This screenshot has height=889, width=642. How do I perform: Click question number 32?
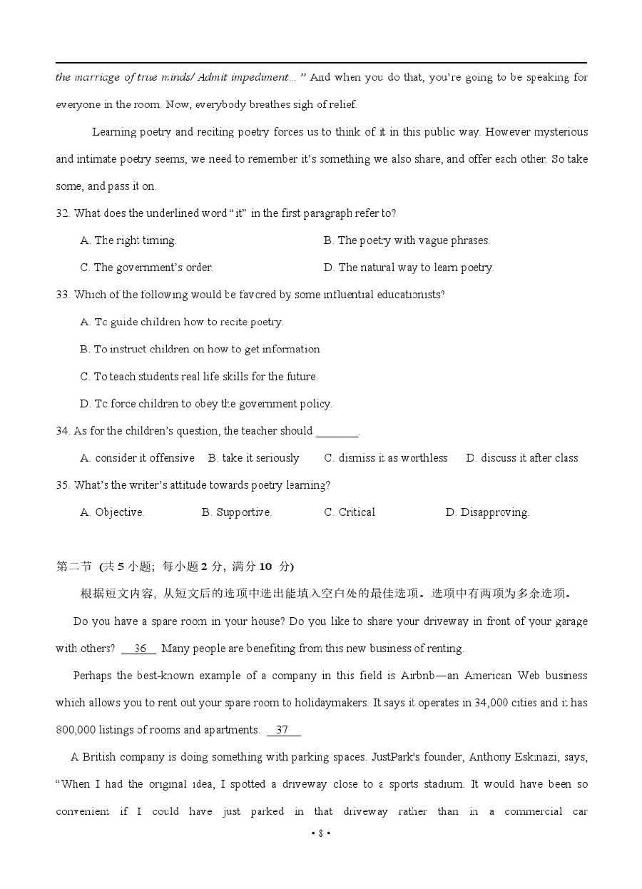click(63, 213)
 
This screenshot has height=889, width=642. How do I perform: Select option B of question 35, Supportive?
click(236, 512)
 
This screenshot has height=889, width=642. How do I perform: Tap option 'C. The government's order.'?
click(146, 268)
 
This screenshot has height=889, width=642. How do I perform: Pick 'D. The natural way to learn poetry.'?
click(408, 268)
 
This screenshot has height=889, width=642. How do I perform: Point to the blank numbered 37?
click(283, 730)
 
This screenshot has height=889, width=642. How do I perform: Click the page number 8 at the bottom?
click(321, 833)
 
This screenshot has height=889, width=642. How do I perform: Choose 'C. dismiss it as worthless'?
click(386, 458)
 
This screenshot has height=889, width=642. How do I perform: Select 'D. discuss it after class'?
click(522, 458)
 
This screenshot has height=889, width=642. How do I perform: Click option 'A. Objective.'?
click(112, 512)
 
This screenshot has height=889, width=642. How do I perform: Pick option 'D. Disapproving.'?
click(487, 512)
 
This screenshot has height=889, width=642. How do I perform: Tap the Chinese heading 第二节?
click(73, 567)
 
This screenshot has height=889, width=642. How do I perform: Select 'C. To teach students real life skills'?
click(199, 377)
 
